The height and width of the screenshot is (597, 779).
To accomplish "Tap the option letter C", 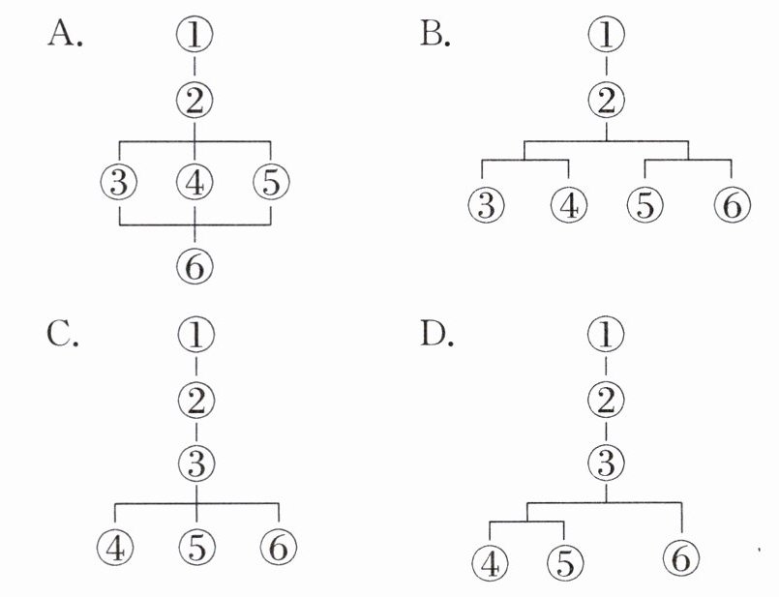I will pyautogui.click(x=63, y=335).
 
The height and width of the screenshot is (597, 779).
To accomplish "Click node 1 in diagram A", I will pyautogui.click(x=195, y=36).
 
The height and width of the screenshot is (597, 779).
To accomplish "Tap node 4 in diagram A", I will pyautogui.click(x=195, y=181).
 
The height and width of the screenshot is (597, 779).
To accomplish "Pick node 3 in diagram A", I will pyautogui.click(x=119, y=181).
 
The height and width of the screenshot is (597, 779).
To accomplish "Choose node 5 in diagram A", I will pyautogui.click(x=270, y=181).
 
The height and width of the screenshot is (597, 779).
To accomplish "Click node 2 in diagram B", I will pyautogui.click(x=607, y=98).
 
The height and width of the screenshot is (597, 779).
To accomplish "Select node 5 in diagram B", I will pyautogui.click(x=644, y=205).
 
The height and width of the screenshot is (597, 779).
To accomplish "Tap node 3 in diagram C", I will pyautogui.click(x=196, y=463).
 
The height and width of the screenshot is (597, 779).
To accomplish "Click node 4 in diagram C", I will pyautogui.click(x=117, y=547).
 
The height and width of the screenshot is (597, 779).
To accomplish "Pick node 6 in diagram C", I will pyautogui.click(x=279, y=547).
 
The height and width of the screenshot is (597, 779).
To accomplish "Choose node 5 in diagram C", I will pyautogui.click(x=196, y=547).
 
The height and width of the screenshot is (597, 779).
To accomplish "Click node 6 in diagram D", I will pyautogui.click(x=683, y=557).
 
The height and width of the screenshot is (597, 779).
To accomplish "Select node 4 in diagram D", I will pyautogui.click(x=491, y=561).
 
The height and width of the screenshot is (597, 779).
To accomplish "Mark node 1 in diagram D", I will pyautogui.click(x=606, y=335).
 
